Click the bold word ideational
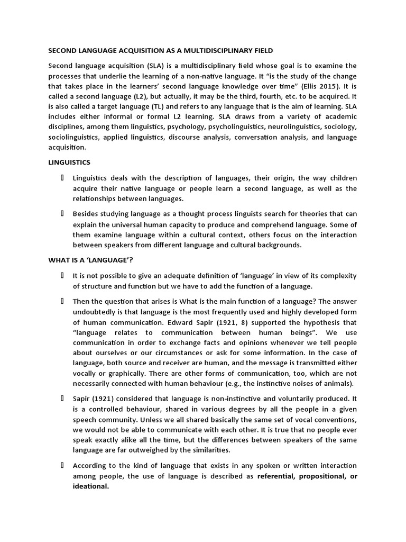click(x=90, y=486)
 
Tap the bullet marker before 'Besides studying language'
click(x=62, y=214)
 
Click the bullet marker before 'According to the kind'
click(x=62, y=465)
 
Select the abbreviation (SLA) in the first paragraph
click(x=154, y=65)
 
